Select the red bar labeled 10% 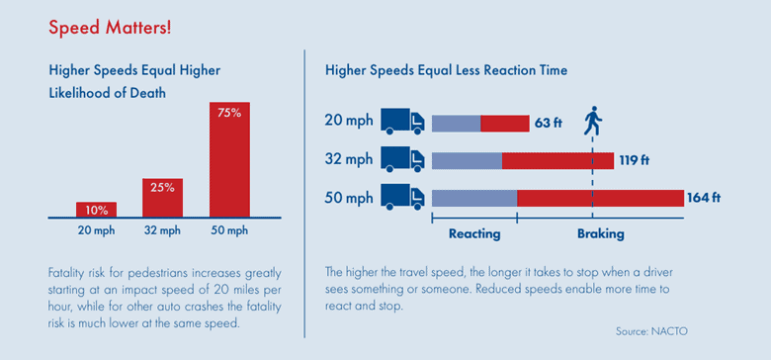point(96,210)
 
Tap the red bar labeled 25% point(163,198)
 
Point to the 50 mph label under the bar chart point(229,231)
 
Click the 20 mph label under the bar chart point(96,231)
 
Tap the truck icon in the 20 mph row point(402,122)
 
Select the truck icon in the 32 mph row point(402,159)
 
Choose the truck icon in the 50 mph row point(402,197)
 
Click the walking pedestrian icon point(592,121)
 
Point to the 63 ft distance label point(549,123)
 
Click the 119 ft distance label point(632,160)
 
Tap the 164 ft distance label point(704,198)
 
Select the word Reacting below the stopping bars point(474,234)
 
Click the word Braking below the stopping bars point(600,234)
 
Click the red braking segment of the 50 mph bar point(600,198)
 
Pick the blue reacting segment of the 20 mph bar point(457,123)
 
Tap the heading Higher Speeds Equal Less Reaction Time point(446,71)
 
